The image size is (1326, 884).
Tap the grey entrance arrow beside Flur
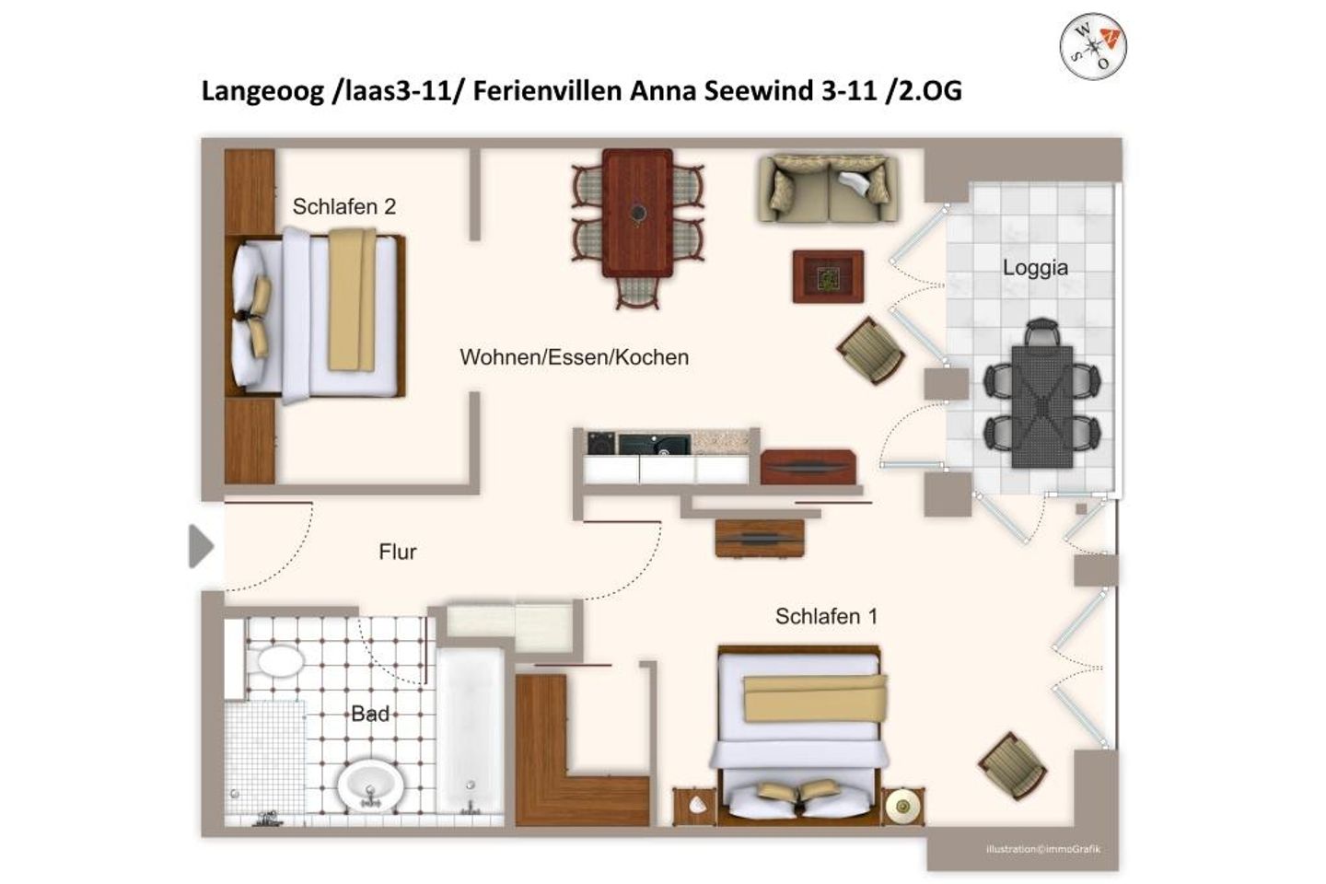pyautogui.click(x=200, y=547)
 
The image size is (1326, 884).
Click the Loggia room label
pyautogui.click(x=1035, y=268)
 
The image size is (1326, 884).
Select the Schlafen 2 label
pyautogui.click(x=343, y=207)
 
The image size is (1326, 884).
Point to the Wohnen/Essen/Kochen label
pyautogui.click(x=574, y=357)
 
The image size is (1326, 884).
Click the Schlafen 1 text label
pyautogui.click(x=826, y=616)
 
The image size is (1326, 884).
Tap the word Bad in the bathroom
pyautogui.click(x=369, y=714)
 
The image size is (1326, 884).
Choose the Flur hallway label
pyautogui.click(x=397, y=552)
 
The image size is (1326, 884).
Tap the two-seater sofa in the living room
pyautogui.click(x=828, y=189)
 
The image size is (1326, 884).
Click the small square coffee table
pyautogui.click(x=828, y=276)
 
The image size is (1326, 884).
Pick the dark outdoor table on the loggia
pyautogui.click(x=1041, y=405)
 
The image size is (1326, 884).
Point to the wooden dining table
pyautogui.click(x=637, y=213)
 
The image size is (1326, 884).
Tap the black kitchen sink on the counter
pyautogui.click(x=655, y=444)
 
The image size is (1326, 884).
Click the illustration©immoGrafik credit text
pyautogui.click(x=1042, y=849)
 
